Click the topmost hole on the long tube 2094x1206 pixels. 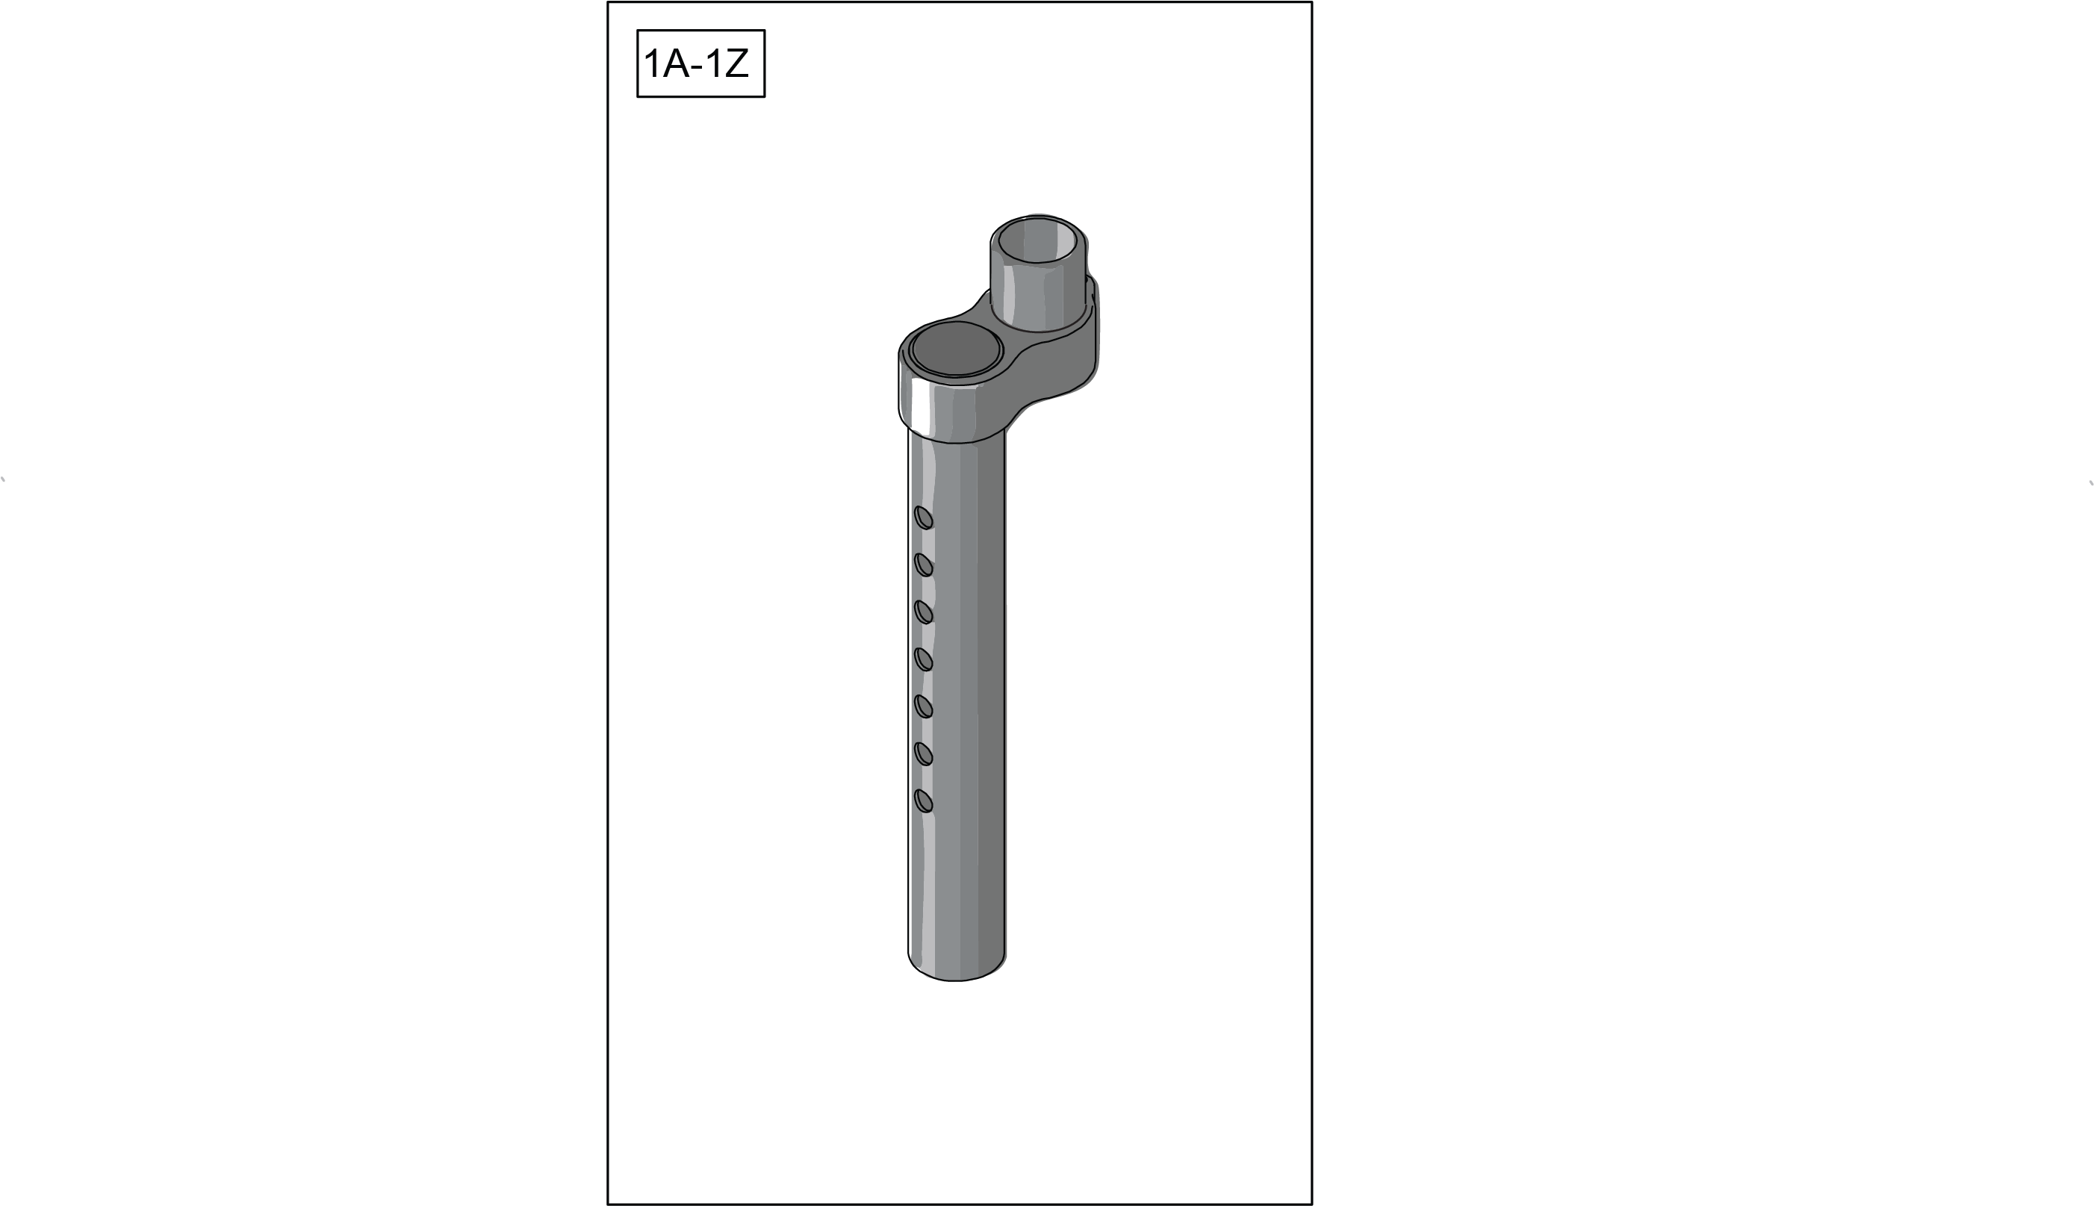(924, 517)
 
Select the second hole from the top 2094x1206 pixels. (924, 565)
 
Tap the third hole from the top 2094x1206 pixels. (924, 612)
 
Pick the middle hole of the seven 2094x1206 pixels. (924, 659)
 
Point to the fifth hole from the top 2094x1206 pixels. (924, 706)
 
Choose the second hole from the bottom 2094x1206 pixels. (924, 753)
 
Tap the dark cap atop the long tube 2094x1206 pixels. (956, 349)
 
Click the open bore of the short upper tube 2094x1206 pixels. (1037, 240)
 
